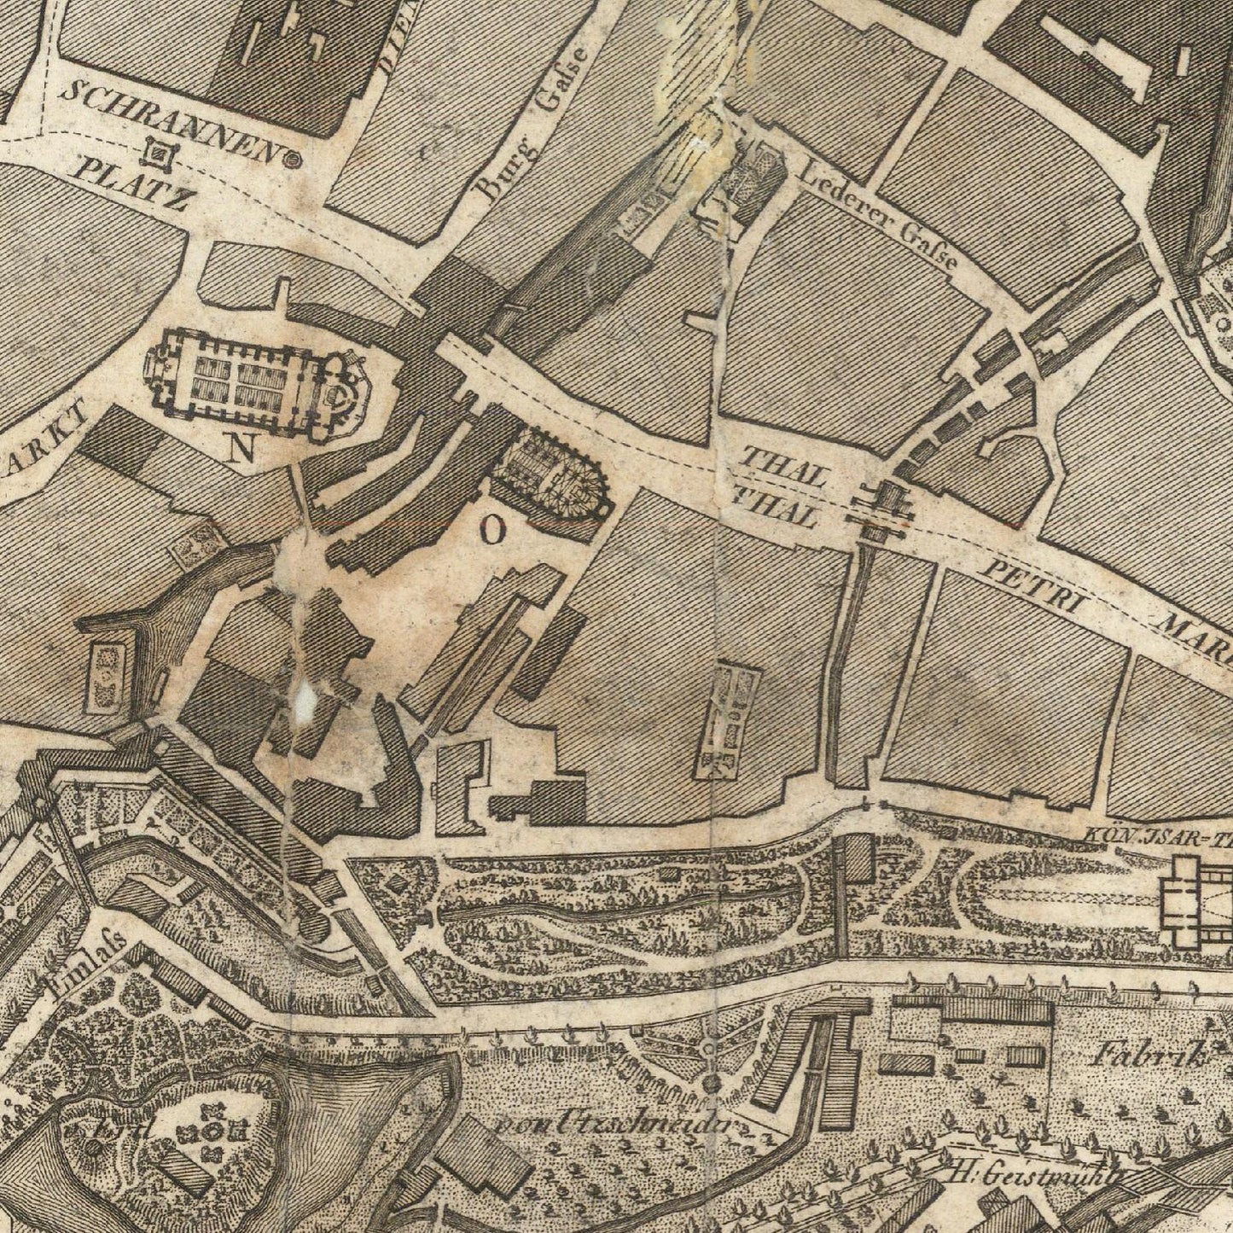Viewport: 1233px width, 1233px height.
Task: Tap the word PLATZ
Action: (131, 182)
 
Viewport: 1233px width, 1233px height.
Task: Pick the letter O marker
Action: (493, 532)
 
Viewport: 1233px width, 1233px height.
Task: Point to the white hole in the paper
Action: (304, 701)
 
